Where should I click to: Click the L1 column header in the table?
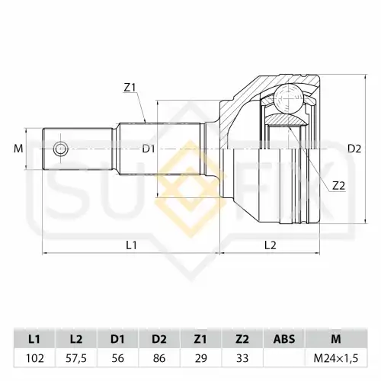34,339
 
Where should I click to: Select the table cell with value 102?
35,358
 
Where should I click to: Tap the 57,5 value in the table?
76,358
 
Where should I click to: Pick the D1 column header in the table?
117,339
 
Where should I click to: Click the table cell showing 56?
118,358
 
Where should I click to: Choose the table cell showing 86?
159,358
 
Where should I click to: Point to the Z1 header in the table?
200,339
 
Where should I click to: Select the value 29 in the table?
201,358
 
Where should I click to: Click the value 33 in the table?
242,358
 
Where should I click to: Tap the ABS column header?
284,339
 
